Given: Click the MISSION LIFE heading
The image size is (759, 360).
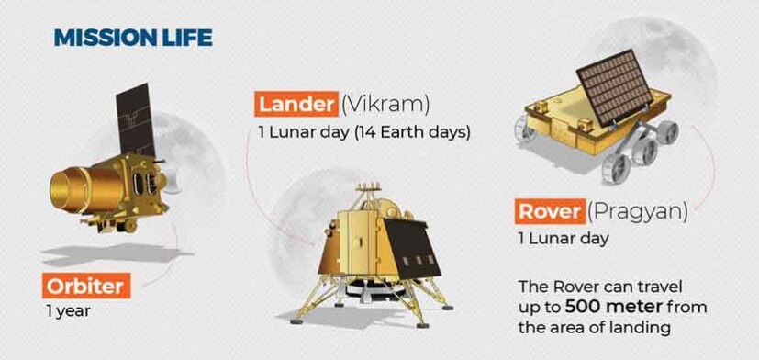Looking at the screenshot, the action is (133, 38).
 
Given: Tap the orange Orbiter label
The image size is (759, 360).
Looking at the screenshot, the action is (86, 286).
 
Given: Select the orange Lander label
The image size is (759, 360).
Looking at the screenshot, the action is (296, 105).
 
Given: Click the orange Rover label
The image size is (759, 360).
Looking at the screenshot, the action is (550, 212).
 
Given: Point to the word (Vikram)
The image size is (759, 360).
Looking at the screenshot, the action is (385, 105).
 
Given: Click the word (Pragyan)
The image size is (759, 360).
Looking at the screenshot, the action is (638, 213).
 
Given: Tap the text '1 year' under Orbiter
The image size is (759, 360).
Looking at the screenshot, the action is (68, 310).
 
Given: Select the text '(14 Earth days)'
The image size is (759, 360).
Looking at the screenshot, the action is (412, 133).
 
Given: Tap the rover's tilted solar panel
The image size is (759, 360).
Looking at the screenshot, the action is (615, 86).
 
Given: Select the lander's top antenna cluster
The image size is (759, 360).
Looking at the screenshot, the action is (368, 188).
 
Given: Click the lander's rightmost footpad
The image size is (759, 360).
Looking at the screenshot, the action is (447, 307).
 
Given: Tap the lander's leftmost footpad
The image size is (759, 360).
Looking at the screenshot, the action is (296, 321).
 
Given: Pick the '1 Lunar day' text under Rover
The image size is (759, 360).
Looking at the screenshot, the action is (564, 239).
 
